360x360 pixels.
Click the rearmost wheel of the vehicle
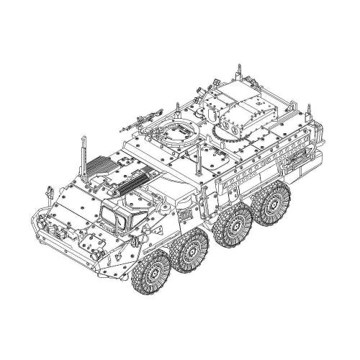tap(274, 207)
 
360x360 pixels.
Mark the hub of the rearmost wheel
tap(274, 207)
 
